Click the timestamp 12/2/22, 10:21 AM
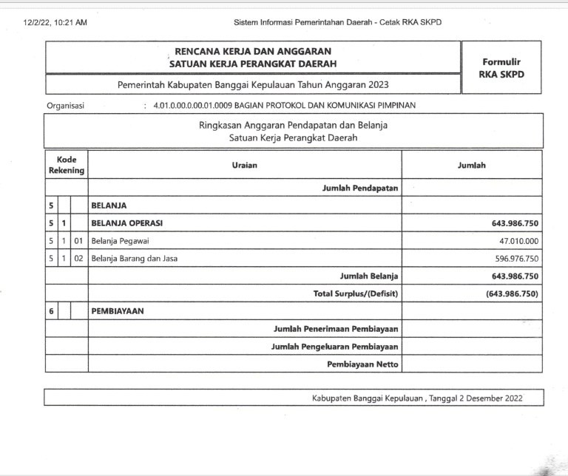coord(55,23)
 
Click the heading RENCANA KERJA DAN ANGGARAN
coord(251,52)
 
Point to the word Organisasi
coord(65,106)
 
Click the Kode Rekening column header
coord(67,165)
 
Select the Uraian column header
coord(244,165)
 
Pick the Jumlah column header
coord(472,166)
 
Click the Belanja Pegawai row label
coord(119,241)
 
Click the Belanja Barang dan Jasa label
coord(134,259)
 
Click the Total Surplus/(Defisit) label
coord(356,294)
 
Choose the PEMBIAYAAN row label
coord(118,311)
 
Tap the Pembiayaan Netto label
coord(362,364)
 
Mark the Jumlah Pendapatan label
coord(360,188)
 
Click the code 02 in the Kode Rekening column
coord(79,259)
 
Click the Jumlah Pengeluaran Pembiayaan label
coord(335,347)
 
